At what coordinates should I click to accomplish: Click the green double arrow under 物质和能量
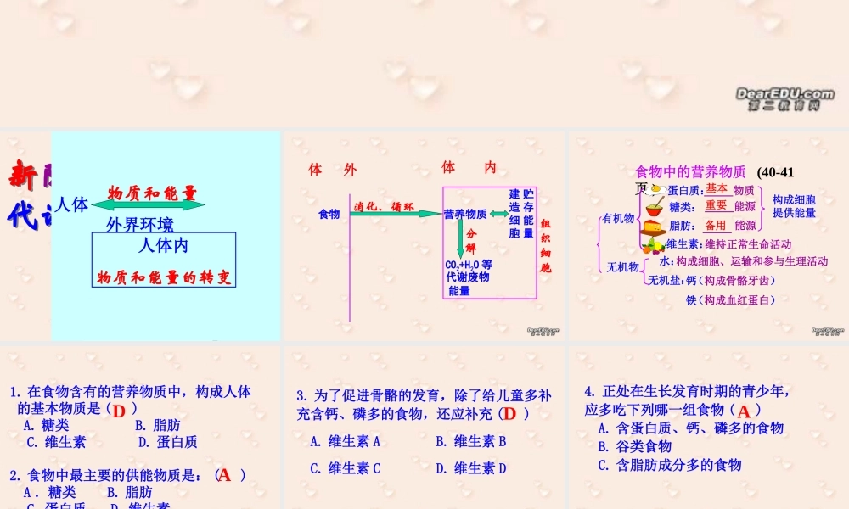(x=149, y=205)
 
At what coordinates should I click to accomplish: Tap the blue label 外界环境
(x=140, y=225)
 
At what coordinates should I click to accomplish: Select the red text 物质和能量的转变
(x=164, y=277)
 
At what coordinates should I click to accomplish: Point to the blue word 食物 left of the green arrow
(x=329, y=215)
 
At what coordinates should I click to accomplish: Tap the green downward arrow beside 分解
(x=461, y=238)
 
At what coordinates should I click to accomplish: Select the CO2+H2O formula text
(x=468, y=265)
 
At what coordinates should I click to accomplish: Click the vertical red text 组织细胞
(x=545, y=245)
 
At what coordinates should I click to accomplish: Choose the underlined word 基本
(x=717, y=189)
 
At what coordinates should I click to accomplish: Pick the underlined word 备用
(x=716, y=226)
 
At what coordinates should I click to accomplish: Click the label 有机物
(x=618, y=218)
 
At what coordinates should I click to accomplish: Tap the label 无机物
(x=622, y=268)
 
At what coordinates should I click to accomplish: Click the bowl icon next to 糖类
(x=655, y=208)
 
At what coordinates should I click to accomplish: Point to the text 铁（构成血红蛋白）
(x=730, y=299)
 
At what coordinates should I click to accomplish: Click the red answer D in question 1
(x=119, y=411)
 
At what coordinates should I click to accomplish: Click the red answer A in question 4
(x=744, y=411)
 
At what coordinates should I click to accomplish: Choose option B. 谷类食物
(x=635, y=446)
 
